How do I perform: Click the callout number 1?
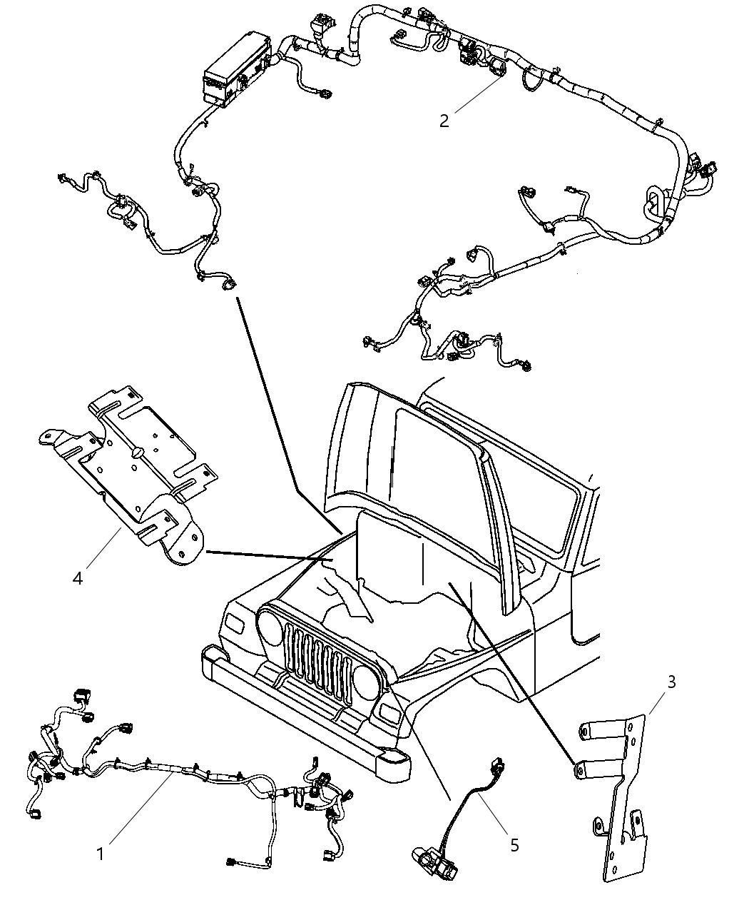101,854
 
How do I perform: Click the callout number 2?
444,121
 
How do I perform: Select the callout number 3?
671,682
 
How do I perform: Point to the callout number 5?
514,845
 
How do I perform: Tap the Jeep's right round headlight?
366,682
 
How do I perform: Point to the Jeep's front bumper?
300,714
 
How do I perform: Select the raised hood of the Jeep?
399,457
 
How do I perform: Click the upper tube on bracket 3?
603,731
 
